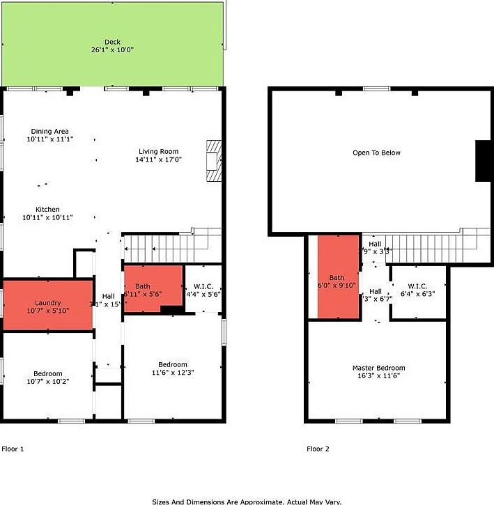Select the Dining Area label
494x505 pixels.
(x=49, y=131)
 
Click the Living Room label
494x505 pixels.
(x=158, y=151)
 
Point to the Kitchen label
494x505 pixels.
(x=48, y=209)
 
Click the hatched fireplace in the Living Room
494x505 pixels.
(x=213, y=162)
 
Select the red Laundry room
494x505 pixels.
(x=48, y=304)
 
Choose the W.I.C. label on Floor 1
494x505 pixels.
(x=203, y=286)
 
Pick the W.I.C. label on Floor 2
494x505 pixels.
(x=417, y=286)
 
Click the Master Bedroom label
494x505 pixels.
(x=378, y=368)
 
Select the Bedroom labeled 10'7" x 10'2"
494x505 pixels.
(x=48, y=377)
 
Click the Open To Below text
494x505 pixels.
(x=376, y=153)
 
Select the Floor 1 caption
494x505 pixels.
(x=13, y=449)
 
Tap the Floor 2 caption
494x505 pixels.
(x=318, y=449)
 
